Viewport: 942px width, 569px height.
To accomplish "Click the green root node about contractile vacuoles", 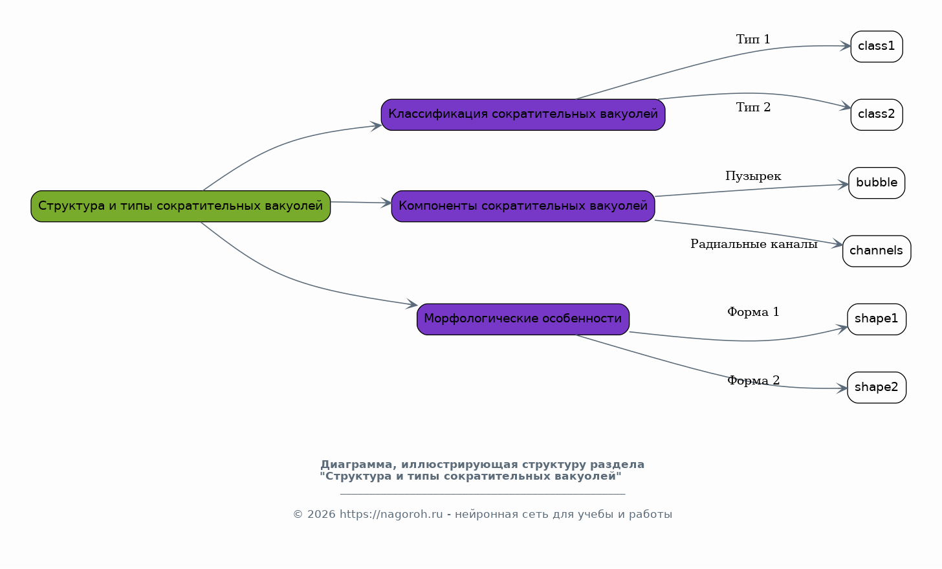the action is (181, 206).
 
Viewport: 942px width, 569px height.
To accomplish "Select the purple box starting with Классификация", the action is (523, 115).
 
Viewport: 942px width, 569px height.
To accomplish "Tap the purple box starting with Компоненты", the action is (523, 206).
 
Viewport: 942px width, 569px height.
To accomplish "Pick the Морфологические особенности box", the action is (523, 319).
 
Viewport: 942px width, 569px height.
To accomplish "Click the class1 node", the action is (877, 47).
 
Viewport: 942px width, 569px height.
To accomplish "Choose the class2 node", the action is (877, 115).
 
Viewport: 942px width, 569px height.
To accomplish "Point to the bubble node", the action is (877, 183).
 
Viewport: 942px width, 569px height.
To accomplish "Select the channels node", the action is (877, 251).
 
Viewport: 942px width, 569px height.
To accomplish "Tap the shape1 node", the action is (877, 319).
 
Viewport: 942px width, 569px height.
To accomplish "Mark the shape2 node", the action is (877, 387).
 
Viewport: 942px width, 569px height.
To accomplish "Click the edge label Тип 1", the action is (753, 39).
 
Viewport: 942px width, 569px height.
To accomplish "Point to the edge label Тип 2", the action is (753, 107).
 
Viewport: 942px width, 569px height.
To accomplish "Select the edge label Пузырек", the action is (753, 176).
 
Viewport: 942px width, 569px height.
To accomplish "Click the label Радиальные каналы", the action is (754, 244).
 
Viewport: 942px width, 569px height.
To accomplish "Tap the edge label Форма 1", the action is (753, 312).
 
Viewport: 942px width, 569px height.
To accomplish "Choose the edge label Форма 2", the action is (753, 381).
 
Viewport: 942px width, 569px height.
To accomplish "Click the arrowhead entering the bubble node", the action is (843, 184).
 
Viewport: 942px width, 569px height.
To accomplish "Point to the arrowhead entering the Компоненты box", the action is (386, 203).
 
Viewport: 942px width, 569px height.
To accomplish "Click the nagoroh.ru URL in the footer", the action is (391, 514).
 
